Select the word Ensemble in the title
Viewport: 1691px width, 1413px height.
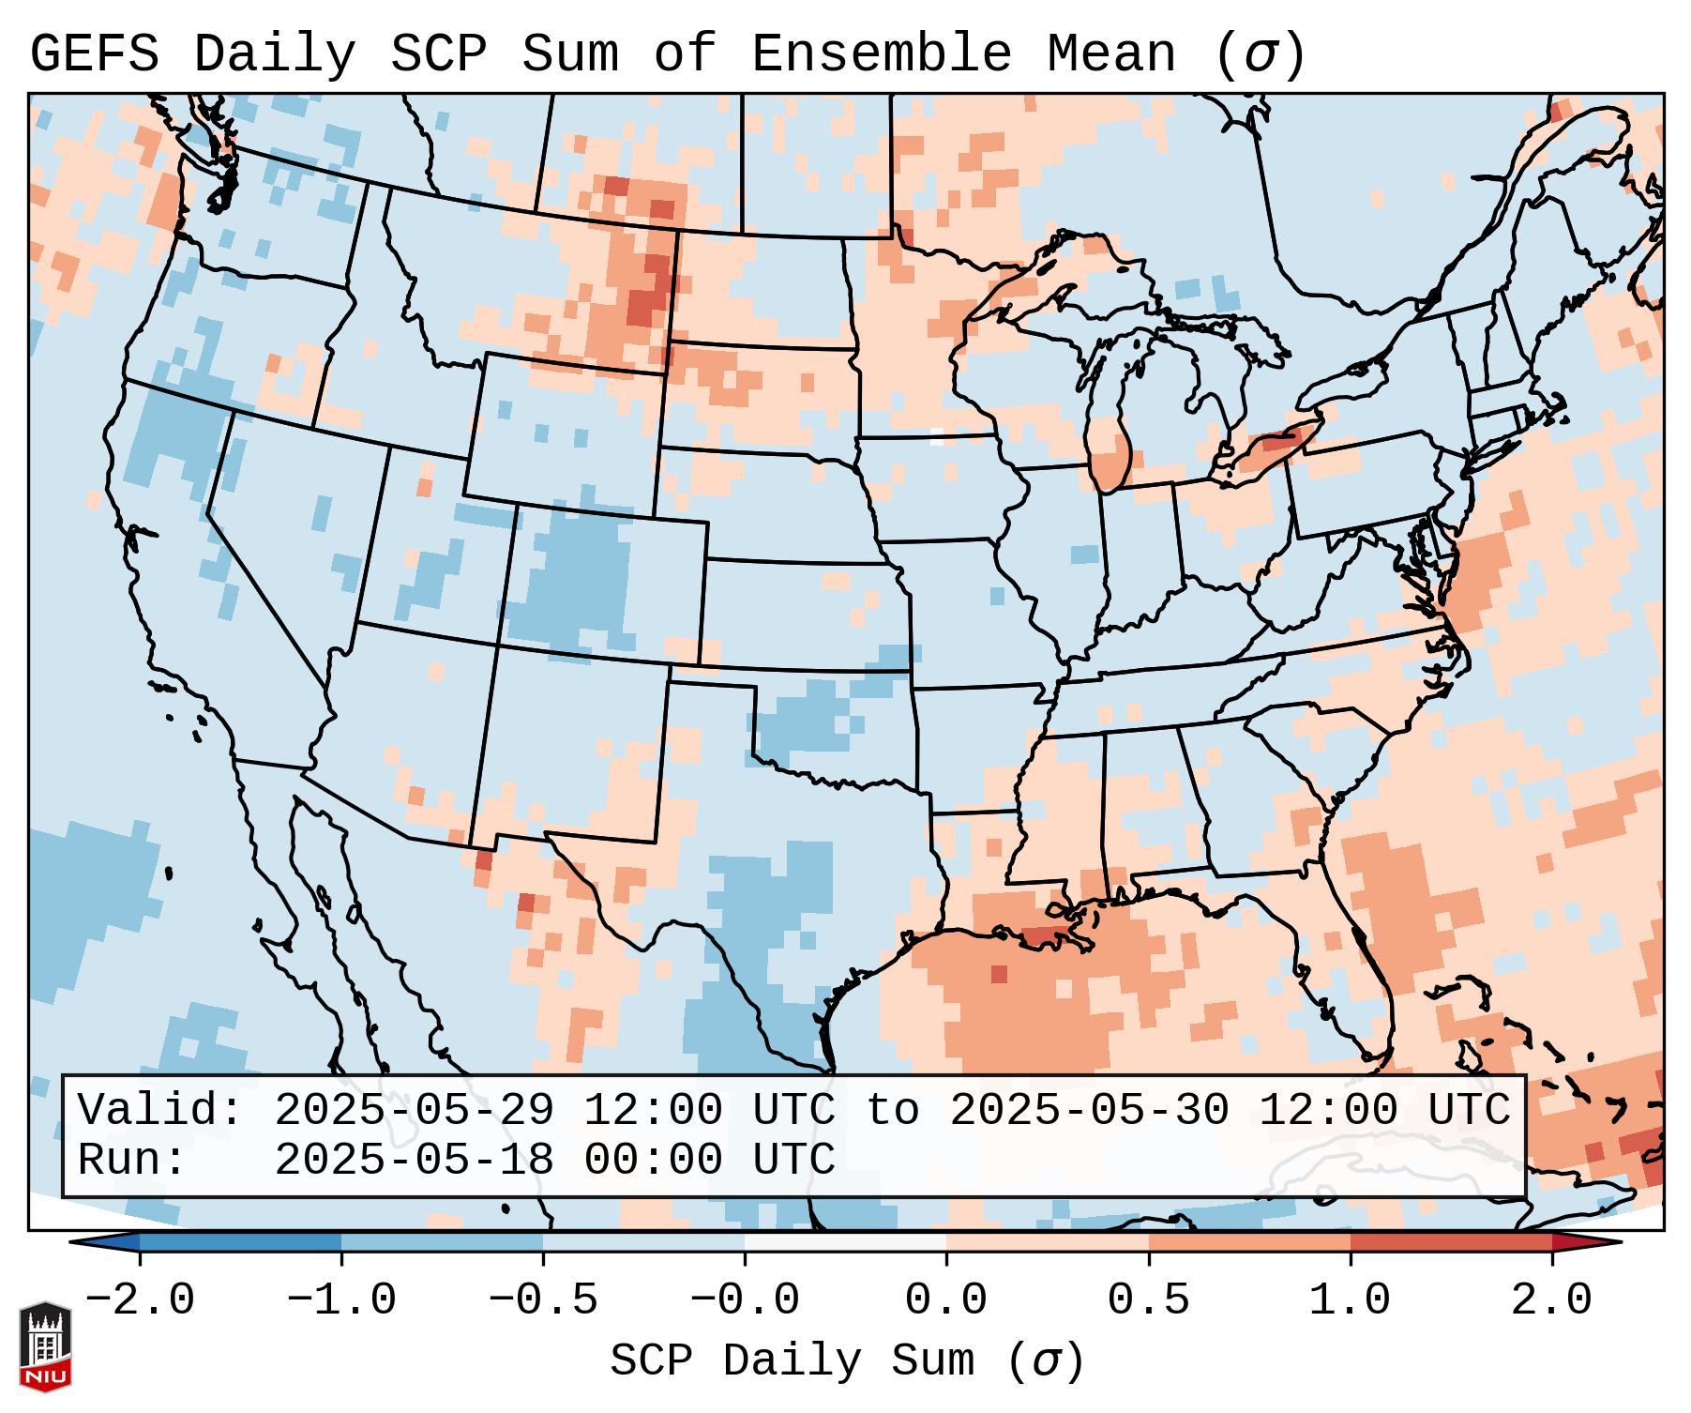(882, 54)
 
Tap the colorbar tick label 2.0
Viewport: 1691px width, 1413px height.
(1551, 1300)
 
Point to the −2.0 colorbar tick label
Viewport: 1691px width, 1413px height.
(140, 1300)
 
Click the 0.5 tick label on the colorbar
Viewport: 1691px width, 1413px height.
(1148, 1300)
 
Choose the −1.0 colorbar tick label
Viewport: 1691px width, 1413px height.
(340, 1300)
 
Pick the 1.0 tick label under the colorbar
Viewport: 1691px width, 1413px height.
(1350, 1300)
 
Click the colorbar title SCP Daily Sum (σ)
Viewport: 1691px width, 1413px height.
(847, 1360)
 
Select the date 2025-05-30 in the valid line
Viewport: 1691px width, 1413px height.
(1089, 1111)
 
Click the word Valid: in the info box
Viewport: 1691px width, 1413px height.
(160, 1111)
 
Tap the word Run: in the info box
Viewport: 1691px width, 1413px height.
(132, 1161)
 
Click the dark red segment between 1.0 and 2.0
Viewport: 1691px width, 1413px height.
(1450, 1242)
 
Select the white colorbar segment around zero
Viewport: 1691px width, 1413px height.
(845, 1242)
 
